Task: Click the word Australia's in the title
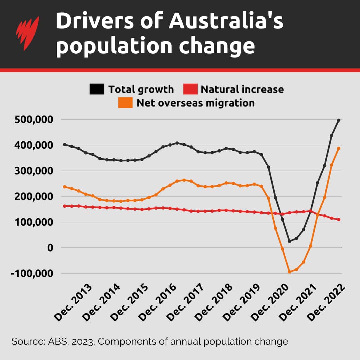tap(226, 22)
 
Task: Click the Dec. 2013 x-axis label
tap(73, 302)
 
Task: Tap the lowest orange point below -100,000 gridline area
tap(289, 272)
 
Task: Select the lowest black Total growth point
tap(289, 241)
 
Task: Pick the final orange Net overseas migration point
tap(338, 148)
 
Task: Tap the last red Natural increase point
tap(338, 219)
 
